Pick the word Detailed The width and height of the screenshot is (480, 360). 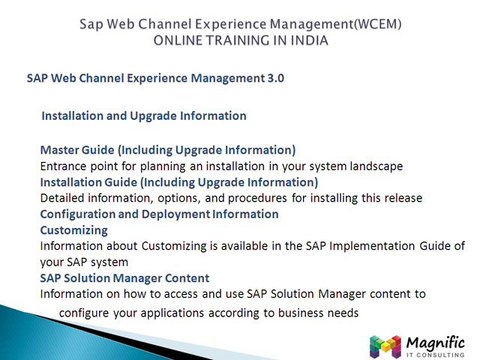(x=65, y=198)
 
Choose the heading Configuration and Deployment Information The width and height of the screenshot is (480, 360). (x=159, y=214)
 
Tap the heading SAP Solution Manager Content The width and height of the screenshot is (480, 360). (x=124, y=277)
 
